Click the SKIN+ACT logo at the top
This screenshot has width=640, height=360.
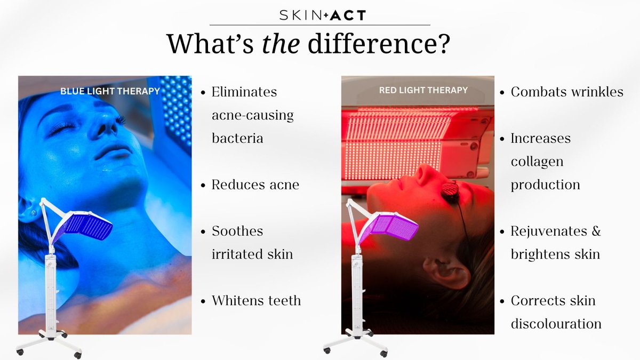[x=323, y=15]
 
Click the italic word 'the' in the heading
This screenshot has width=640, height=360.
[x=282, y=44]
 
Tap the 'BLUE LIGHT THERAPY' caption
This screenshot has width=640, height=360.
[x=110, y=91]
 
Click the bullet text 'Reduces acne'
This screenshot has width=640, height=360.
[x=255, y=185]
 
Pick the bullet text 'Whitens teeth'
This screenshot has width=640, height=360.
[x=256, y=300]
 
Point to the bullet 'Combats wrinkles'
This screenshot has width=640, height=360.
[x=566, y=92]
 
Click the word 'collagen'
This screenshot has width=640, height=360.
[x=538, y=161]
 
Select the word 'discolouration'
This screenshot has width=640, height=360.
[x=556, y=323]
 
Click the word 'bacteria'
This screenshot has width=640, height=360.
[x=237, y=138]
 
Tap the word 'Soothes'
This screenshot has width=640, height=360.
[x=237, y=231]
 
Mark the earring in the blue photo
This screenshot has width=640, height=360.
[x=33, y=211]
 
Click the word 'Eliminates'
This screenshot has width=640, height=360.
[x=244, y=92]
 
